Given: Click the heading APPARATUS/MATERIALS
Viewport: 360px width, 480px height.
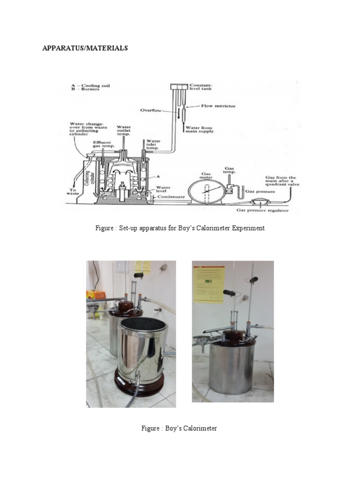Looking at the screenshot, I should point(85,48).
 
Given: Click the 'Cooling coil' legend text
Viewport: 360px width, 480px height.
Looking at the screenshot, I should point(92,86).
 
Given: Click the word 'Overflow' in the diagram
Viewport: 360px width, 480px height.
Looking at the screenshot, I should point(151,111).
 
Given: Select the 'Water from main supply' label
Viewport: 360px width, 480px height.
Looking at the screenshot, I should point(200,129).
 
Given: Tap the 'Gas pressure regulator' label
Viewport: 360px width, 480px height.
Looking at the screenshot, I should point(262,210).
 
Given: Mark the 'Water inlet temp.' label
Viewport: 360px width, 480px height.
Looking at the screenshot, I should point(154,144).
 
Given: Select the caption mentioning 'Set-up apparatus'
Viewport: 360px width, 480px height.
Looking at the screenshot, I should point(180,228).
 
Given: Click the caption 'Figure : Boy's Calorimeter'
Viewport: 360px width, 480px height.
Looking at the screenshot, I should point(179,428).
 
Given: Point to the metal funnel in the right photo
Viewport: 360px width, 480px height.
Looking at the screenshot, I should point(203,338).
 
